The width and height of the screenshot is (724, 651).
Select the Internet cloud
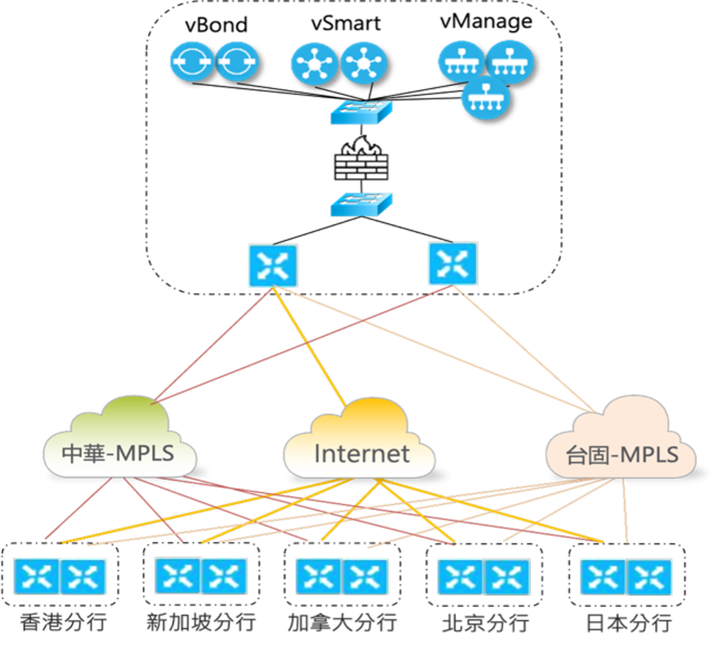click(360, 441)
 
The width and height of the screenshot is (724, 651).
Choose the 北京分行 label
click(485, 623)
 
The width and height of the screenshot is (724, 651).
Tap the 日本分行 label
click(628, 623)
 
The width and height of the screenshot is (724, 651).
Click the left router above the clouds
click(273, 265)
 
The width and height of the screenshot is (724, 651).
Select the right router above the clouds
click(452, 263)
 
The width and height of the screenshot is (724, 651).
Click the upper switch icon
click(361, 112)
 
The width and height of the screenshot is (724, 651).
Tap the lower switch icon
click(361, 204)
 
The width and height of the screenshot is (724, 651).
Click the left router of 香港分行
click(37, 577)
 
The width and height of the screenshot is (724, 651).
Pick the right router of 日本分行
click(649, 577)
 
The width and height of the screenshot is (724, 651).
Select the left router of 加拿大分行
click(319, 577)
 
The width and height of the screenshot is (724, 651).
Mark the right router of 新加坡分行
click(223, 577)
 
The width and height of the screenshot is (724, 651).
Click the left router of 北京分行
click(460, 577)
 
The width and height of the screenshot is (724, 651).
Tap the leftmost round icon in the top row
click(192, 61)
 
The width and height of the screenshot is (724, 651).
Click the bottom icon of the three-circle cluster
click(485, 97)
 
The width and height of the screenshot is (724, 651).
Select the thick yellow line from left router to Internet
click(310, 345)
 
